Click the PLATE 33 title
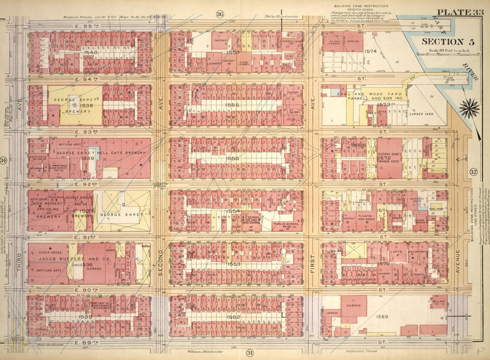(460, 12)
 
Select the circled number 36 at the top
(220, 14)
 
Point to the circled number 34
(4, 160)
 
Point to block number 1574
(371, 51)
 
